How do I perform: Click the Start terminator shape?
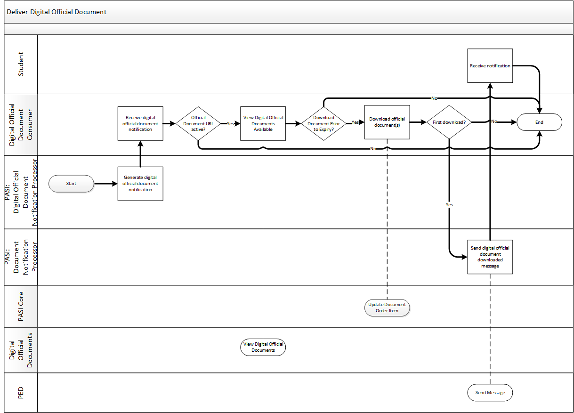[71, 184]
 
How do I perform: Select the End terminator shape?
[540, 122]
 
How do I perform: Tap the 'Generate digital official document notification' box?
[140, 184]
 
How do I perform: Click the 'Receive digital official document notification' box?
[140, 123]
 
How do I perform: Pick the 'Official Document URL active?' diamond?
[198, 123]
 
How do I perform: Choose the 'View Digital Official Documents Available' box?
[263, 123]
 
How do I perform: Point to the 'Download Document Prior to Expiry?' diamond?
[323, 123]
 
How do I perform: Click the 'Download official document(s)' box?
[387, 122]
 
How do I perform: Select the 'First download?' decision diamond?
[449, 122]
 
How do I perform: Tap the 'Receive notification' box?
[490, 65]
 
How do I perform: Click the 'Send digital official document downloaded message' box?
[490, 257]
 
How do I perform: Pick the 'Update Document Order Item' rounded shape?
[387, 308]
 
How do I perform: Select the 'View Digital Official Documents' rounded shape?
[263, 347]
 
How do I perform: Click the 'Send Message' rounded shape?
[490, 392]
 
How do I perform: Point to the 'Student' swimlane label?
[21, 64]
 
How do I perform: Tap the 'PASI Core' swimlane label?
[21, 307]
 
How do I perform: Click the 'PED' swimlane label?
[21, 393]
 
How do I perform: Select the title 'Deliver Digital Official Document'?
[57, 12]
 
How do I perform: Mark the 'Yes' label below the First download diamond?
[449, 205]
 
